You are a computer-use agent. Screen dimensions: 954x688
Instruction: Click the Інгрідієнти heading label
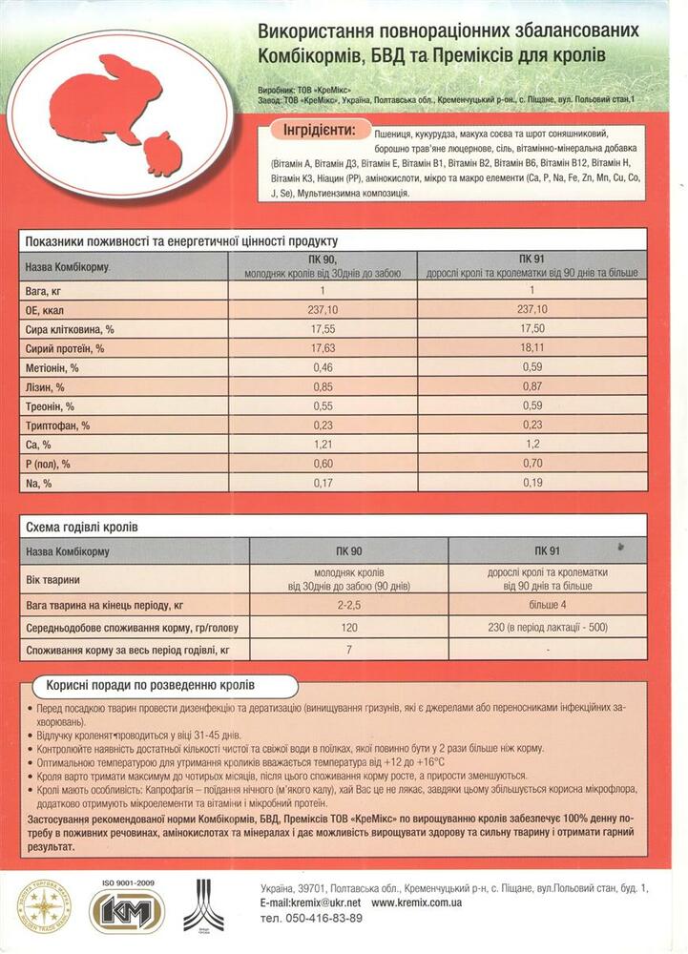(x=313, y=129)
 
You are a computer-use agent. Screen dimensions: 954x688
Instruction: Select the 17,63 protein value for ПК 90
(x=323, y=348)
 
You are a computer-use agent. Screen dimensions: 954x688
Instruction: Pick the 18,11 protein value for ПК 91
(x=532, y=348)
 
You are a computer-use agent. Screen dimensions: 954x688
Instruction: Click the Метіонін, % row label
(x=52, y=367)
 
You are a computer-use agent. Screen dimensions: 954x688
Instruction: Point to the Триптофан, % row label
(x=57, y=425)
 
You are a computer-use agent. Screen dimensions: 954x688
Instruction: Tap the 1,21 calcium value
(x=323, y=445)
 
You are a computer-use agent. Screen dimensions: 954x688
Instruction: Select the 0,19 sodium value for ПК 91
(x=532, y=484)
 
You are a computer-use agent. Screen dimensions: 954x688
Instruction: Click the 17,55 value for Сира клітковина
(x=323, y=328)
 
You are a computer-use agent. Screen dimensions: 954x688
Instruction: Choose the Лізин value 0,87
(x=532, y=386)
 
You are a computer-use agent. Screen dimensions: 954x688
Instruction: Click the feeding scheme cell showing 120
(x=349, y=629)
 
